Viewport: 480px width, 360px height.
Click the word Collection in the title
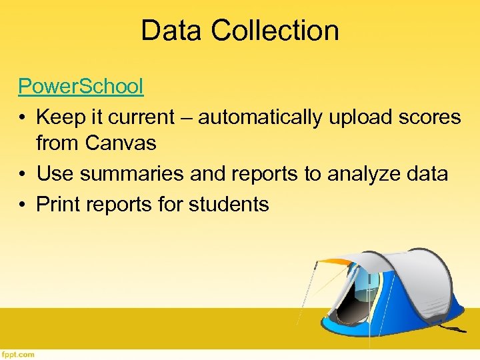click(275, 31)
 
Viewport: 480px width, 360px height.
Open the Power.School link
click(80, 85)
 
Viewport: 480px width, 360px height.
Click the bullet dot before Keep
click(23, 118)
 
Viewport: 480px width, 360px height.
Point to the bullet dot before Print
click(23, 205)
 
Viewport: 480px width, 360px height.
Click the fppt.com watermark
click(18, 355)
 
